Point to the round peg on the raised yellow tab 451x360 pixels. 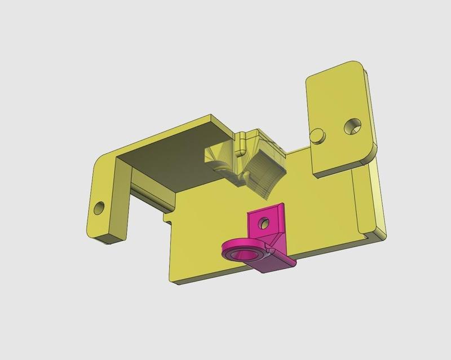pyautogui.click(x=318, y=135)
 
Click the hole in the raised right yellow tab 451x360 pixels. pyautogui.click(x=353, y=125)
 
